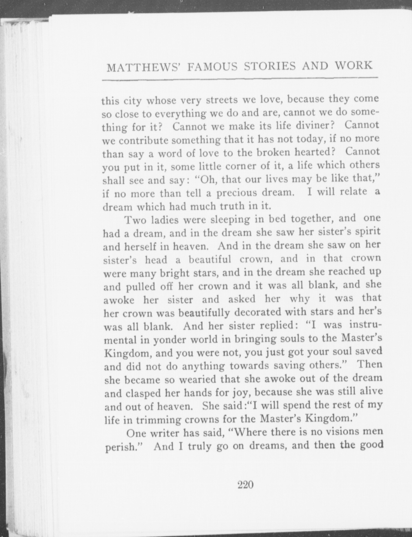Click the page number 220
tap(246, 485)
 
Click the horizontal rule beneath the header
tap(240, 79)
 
